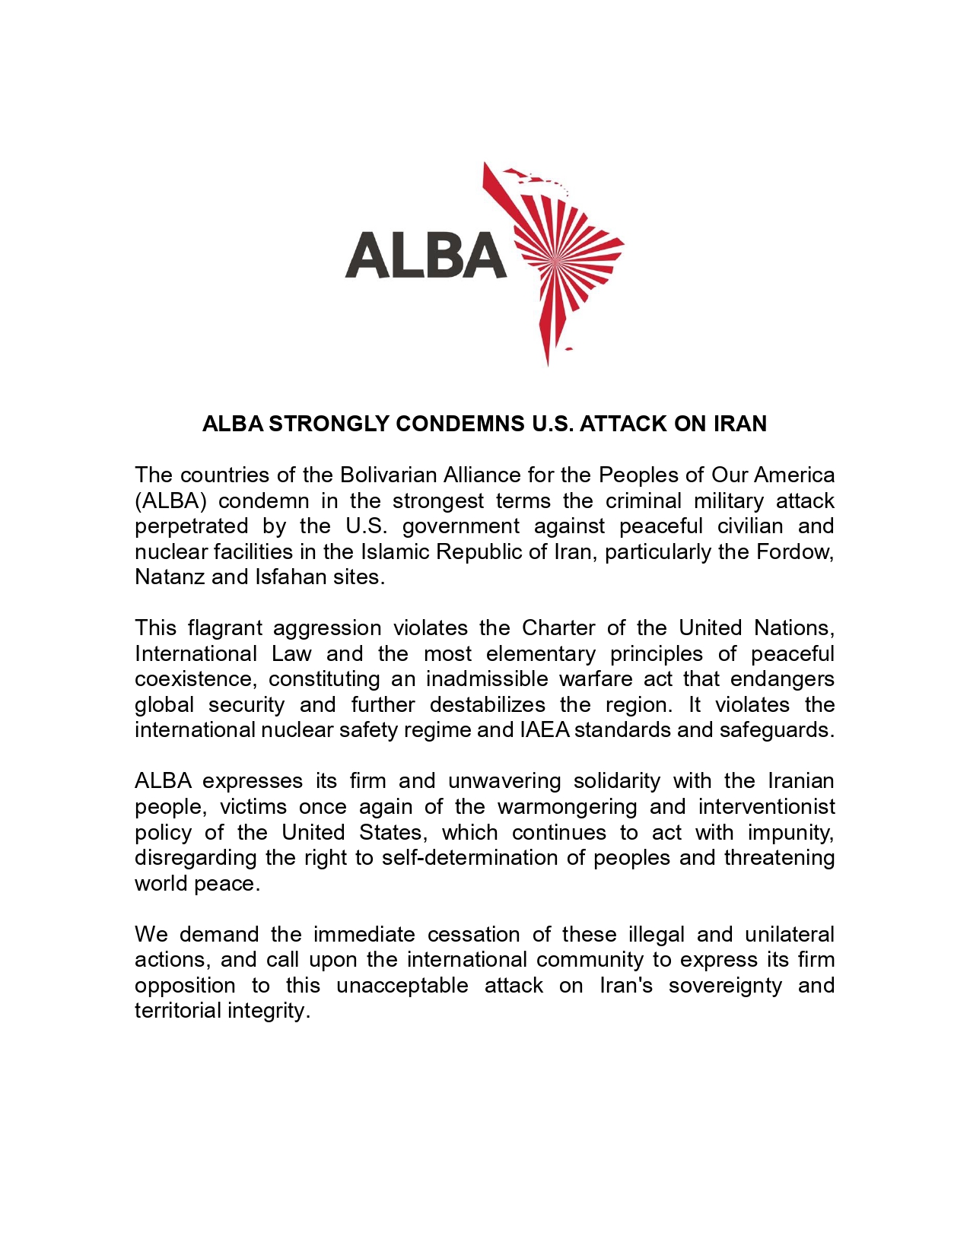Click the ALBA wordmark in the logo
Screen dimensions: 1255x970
coord(425,255)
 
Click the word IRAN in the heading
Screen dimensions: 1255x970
coord(739,424)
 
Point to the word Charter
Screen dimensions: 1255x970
coord(558,628)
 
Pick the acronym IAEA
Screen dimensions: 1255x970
coord(544,730)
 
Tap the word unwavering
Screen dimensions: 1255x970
coord(504,781)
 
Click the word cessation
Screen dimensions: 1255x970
coord(473,934)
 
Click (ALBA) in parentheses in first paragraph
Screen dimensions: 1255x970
coord(170,500)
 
